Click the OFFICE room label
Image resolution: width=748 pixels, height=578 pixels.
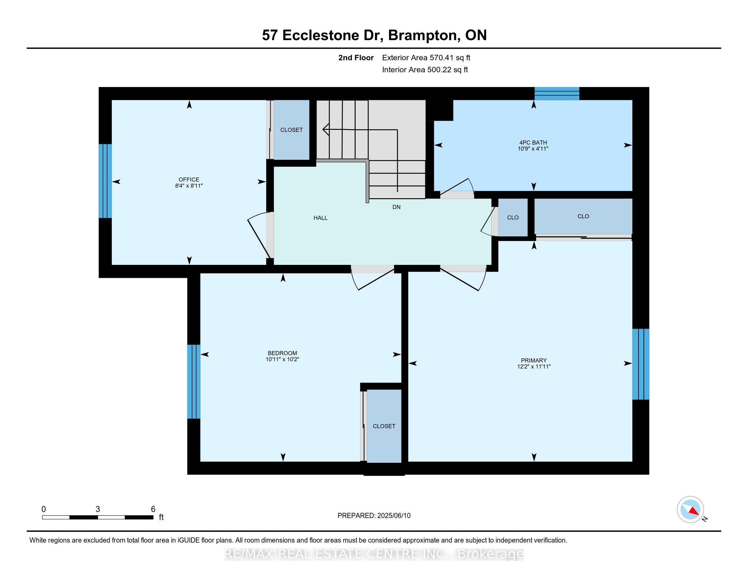(x=189, y=180)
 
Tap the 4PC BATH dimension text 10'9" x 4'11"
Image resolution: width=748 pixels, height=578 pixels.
(x=533, y=149)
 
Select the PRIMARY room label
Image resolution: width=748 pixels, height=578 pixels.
(x=533, y=360)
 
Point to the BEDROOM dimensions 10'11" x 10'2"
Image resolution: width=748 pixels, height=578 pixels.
(x=282, y=359)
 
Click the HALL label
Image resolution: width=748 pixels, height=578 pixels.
(x=320, y=218)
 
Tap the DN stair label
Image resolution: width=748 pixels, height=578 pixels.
(x=396, y=207)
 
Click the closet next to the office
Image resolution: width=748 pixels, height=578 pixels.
(x=291, y=130)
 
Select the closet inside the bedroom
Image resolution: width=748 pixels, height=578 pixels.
(x=384, y=426)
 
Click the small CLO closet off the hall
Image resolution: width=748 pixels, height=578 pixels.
(x=513, y=218)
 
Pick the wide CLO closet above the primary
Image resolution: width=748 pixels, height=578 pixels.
(x=583, y=216)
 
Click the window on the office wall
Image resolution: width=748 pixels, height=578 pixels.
(x=105, y=181)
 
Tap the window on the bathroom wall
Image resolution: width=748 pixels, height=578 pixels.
(x=557, y=93)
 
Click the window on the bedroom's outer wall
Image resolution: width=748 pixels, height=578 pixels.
(x=193, y=381)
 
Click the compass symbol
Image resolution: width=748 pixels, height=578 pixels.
(x=690, y=509)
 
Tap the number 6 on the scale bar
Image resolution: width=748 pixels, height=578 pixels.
(x=153, y=509)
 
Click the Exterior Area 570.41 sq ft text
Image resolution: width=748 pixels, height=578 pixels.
(x=426, y=58)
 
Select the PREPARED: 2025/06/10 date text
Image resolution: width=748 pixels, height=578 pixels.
(x=374, y=516)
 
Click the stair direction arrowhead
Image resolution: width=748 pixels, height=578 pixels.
(x=325, y=130)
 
